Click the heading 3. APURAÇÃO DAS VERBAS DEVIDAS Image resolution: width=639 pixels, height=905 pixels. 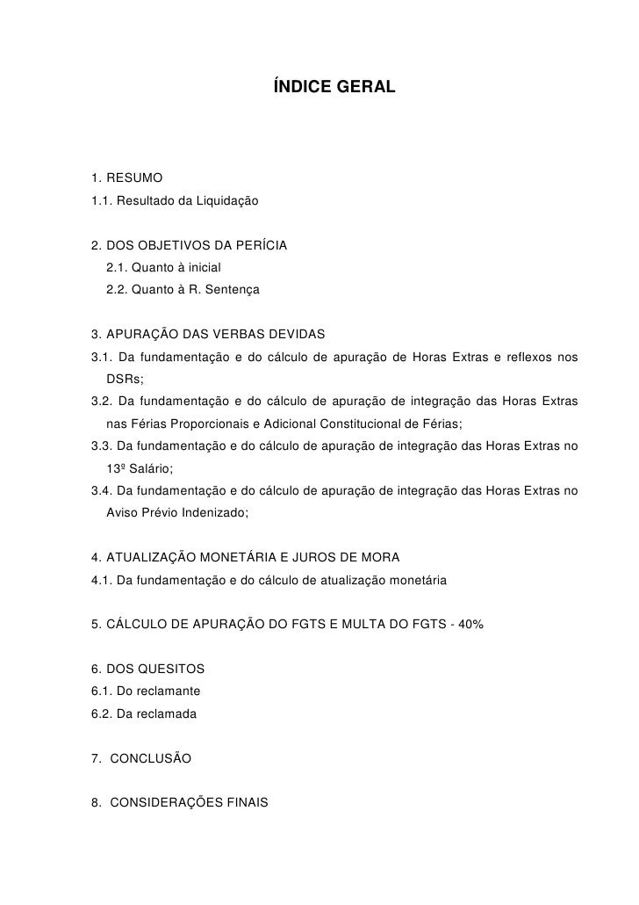[x=208, y=335]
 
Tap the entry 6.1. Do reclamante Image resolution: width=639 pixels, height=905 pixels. [x=140, y=691]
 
